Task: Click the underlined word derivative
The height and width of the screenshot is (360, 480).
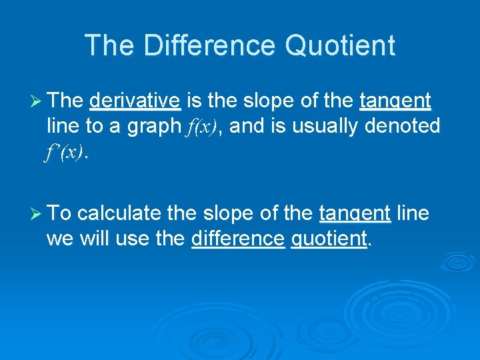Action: [135, 101]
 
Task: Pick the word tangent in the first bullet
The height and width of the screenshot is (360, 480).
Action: [395, 101]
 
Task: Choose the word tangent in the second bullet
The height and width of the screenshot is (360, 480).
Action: [355, 213]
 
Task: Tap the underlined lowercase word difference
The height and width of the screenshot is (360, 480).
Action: [237, 237]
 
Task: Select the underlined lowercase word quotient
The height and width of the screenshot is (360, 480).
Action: [329, 238]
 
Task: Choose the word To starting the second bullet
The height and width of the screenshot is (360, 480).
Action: [60, 213]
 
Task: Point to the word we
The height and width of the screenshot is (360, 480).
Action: [58, 238]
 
